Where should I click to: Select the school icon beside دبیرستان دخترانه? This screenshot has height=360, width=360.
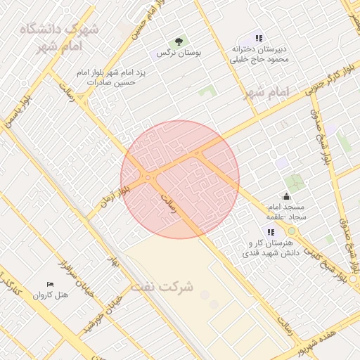coord(259,38)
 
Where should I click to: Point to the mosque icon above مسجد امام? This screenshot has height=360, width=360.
coord(286,197)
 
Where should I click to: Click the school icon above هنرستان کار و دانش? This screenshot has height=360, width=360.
coord(271,232)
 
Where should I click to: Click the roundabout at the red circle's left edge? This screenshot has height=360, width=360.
coord(148,178)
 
